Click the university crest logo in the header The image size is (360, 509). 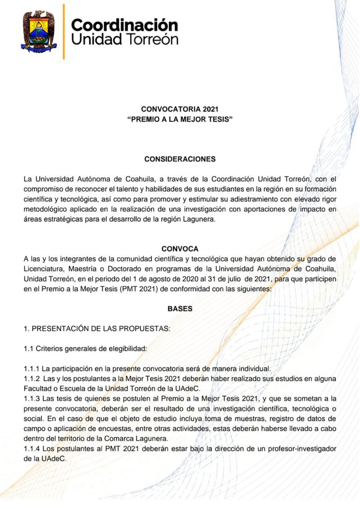(39, 31)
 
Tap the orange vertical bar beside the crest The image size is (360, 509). (64, 31)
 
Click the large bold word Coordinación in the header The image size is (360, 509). (125, 24)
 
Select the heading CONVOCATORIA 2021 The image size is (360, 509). (180, 109)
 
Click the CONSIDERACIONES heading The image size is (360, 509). (180, 159)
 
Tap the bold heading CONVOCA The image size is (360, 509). (180, 248)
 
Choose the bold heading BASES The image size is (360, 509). (180, 308)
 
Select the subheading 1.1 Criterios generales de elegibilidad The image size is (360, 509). (85, 349)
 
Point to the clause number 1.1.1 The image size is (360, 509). (32, 368)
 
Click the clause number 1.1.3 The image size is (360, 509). (32, 399)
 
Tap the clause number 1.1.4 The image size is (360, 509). (32, 449)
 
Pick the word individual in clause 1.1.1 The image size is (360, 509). (253, 368)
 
